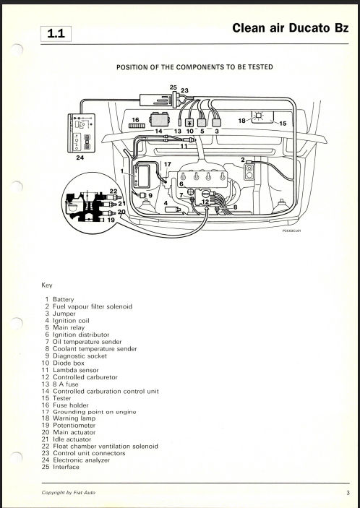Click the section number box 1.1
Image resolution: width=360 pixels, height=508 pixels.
pos(56,34)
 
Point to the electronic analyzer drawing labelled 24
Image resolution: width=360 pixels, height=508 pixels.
pos(82,133)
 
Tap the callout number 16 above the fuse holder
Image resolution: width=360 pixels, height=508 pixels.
pos(135,120)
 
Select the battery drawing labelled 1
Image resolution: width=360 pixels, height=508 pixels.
pos(142,176)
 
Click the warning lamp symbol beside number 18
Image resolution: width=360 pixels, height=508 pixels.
pos(258,116)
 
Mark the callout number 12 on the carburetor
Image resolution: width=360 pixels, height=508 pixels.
pos(205,202)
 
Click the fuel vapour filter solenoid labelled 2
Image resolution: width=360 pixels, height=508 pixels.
pos(249,172)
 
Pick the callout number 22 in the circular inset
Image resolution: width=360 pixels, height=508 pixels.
pos(113,191)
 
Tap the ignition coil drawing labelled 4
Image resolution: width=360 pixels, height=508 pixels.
pos(173,210)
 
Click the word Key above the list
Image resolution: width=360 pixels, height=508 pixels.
pos(47,285)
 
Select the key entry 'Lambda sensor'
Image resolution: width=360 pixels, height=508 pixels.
pos(75,370)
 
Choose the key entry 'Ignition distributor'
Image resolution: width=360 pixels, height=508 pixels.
pos(81,335)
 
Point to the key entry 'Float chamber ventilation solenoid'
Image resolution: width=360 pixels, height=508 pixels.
pos(106,446)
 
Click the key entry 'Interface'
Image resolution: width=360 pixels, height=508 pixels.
pos(66,467)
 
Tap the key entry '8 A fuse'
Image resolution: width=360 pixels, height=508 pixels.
pos(66,384)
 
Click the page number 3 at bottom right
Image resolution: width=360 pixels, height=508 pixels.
pos(348,493)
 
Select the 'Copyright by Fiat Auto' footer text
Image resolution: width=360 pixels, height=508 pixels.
pos(69,493)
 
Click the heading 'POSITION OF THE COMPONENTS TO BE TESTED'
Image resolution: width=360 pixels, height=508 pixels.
pos(194,67)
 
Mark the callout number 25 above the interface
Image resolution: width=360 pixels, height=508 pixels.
pos(173,87)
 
